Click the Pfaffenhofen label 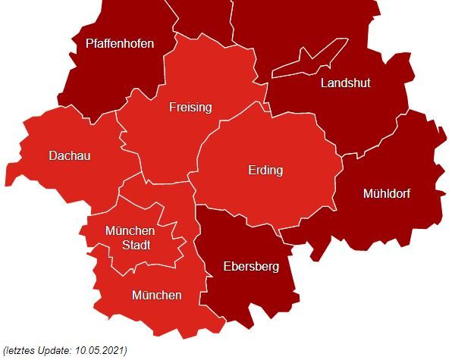pyautogui.click(x=120, y=43)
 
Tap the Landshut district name pyautogui.click(x=345, y=83)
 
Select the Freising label pyautogui.click(x=190, y=108)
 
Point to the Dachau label pyautogui.click(x=69, y=155)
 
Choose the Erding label pyautogui.click(x=265, y=171)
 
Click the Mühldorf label pyautogui.click(x=386, y=193)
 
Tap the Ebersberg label pyautogui.click(x=251, y=266)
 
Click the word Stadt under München pyautogui.click(x=137, y=245)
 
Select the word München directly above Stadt pyautogui.click(x=130, y=230)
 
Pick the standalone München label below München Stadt pyautogui.click(x=156, y=295)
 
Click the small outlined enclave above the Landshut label pyautogui.click(x=303, y=61)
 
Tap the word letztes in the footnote pyautogui.click(x=23, y=349)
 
